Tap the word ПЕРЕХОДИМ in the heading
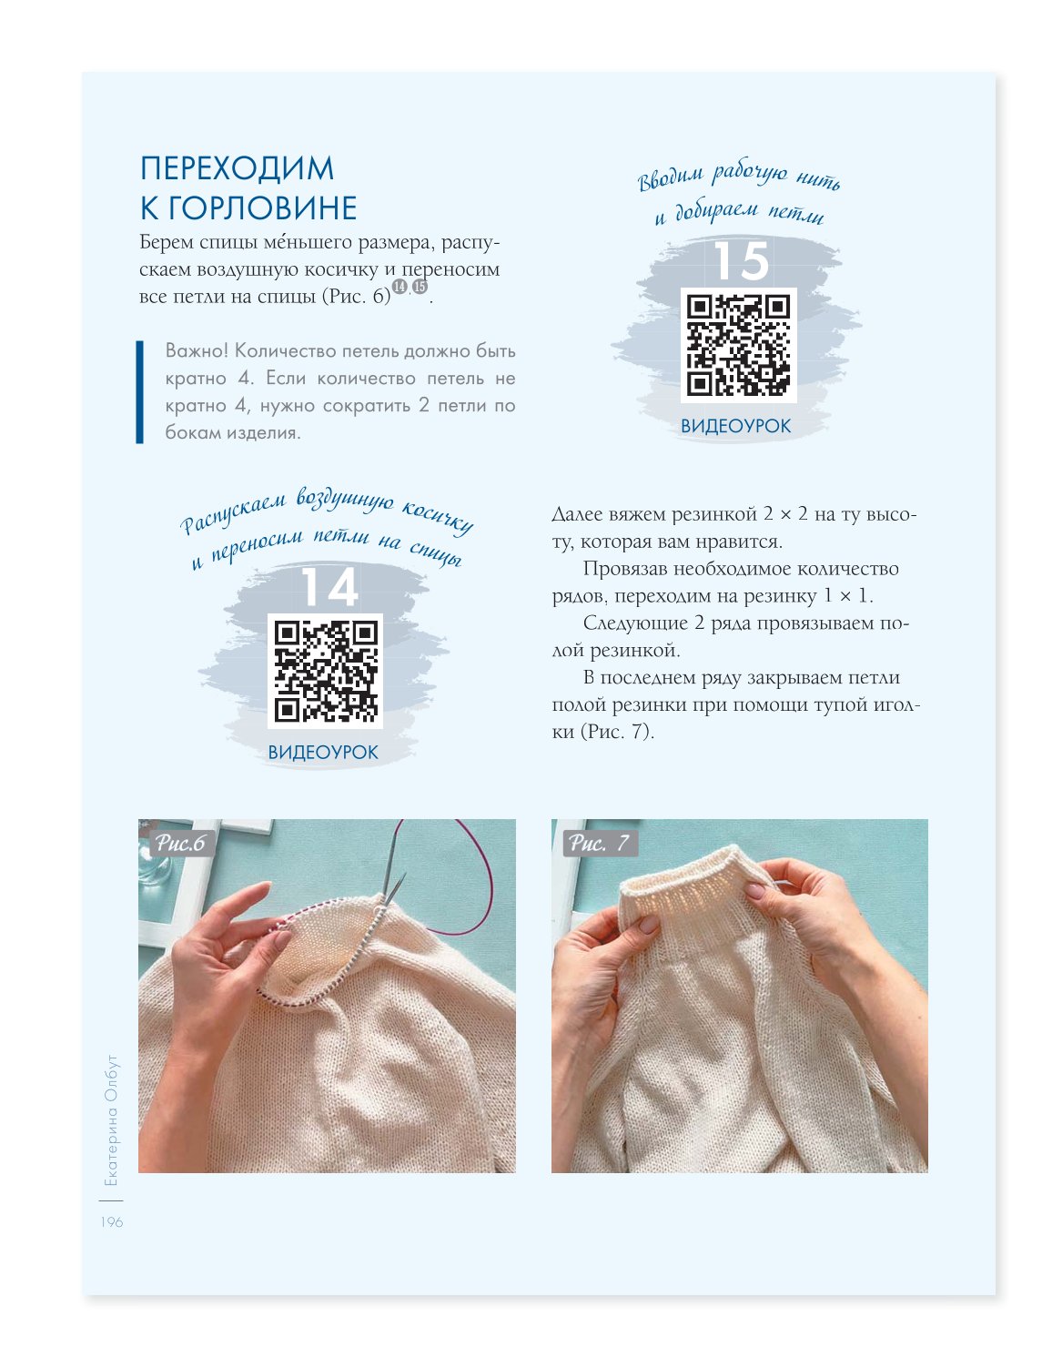click(238, 168)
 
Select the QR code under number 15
click(738, 345)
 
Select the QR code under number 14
click(325, 671)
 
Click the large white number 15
click(741, 260)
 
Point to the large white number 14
click(330, 587)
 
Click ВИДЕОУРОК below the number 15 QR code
click(735, 426)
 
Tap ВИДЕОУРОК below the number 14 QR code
click(323, 753)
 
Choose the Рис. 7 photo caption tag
click(600, 844)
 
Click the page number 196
click(112, 1222)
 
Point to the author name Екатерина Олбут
click(111, 1121)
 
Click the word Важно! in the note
click(197, 350)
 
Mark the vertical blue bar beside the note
click(139, 391)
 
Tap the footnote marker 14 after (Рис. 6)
click(399, 287)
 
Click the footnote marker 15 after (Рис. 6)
click(420, 287)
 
